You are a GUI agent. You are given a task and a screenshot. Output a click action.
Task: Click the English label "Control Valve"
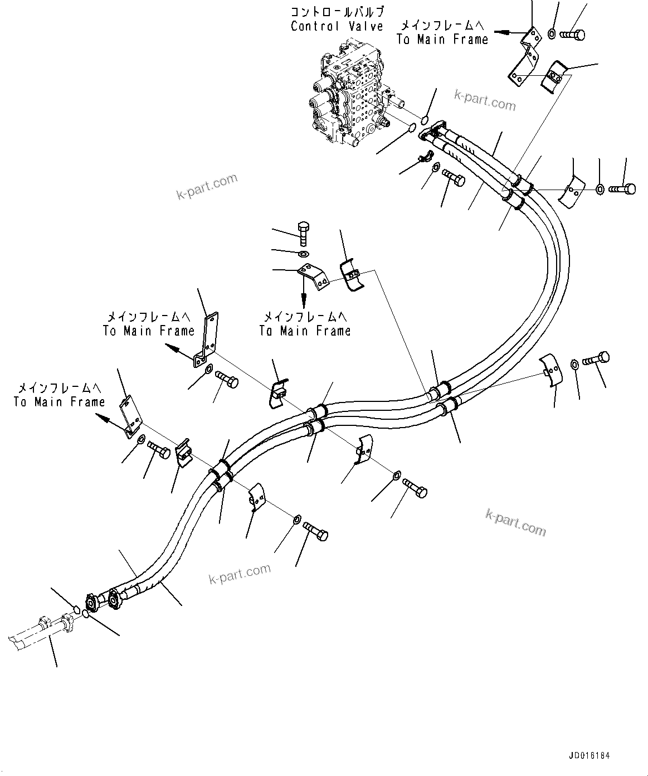coord(337,26)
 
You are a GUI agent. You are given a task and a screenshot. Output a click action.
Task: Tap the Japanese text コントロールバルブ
coord(338,11)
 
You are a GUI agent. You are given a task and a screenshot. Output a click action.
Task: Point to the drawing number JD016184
coord(589,756)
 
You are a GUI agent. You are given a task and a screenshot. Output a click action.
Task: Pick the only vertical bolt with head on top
coord(303,233)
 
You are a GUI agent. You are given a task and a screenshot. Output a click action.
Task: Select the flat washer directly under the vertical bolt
coord(304,254)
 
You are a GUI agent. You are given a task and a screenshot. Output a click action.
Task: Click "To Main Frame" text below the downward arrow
coord(305,331)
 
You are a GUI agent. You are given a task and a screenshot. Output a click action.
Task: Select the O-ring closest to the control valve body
coord(412,128)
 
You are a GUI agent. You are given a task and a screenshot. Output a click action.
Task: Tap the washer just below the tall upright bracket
coord(207,369)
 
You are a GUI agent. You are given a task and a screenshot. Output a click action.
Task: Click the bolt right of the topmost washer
coord(572,35)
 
